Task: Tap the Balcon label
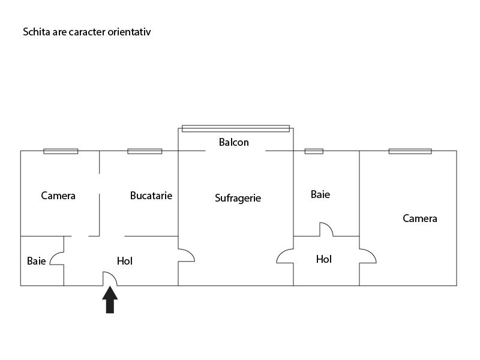[x=234, y=142]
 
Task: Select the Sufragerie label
[x=238, y=198]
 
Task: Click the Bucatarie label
[x=151, y=196]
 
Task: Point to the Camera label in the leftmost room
[x=58, y=196]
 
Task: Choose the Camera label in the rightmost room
[x=419, y=218]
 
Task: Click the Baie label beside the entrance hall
[x=37, y=261]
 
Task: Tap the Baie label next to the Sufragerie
[x=320, y=194]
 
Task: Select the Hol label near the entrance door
[x=125, y=261]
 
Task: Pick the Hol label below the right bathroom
[x=324, y=259]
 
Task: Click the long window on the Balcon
[x=236, y=128]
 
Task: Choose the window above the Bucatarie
[x=145, y=151]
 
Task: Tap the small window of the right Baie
[x=314, y=151]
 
